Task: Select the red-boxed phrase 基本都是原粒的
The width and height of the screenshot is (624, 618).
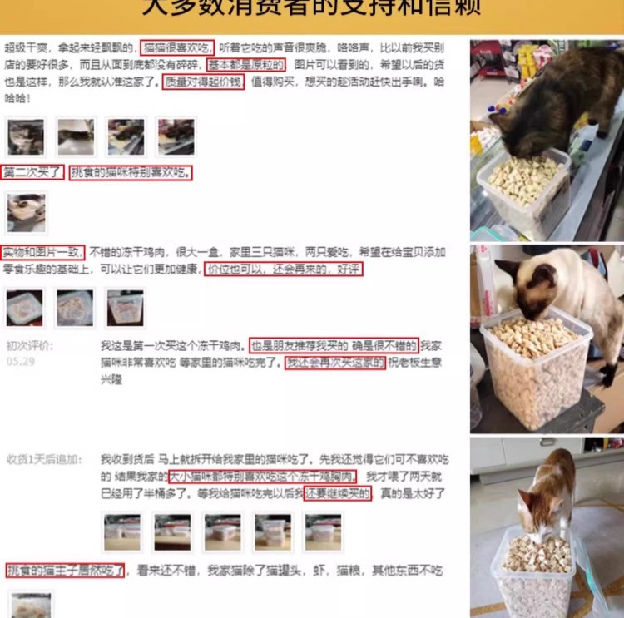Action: pos(246,65)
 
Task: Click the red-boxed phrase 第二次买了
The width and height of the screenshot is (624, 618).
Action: pos(32,173)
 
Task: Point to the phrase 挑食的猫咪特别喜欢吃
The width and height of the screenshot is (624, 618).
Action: pos(131,173)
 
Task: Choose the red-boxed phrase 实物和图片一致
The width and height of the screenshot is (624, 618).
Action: pos(42,252)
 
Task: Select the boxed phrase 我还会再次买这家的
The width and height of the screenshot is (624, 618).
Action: pos(335,363)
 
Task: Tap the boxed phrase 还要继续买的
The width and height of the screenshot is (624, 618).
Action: pos(337,493)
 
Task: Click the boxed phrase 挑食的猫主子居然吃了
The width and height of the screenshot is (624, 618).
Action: pos(66,571)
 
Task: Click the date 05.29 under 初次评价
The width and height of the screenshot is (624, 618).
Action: pos(20,362)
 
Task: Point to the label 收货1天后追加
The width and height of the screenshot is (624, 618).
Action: pos(44,459)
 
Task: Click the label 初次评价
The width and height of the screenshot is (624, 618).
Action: pos(29,346)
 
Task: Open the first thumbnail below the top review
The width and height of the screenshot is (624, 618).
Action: pos(26,136)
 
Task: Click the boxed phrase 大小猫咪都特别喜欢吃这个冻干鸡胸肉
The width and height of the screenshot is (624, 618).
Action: pos(261,477)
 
